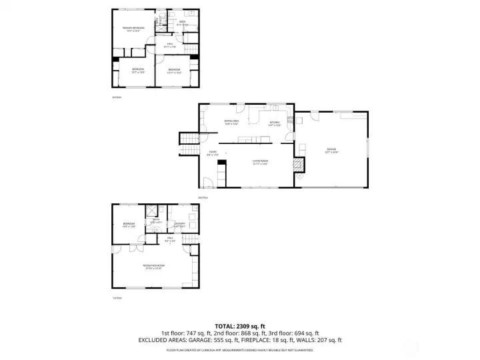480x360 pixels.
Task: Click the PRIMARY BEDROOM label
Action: click(134, 28)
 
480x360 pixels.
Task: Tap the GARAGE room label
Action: click(331, 149)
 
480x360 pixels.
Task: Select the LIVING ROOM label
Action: click(260, 161)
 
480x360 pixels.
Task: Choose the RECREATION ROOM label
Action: click(153, 265)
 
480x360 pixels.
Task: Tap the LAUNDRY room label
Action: click(179, 223)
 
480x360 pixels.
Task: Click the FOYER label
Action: click(213, 152)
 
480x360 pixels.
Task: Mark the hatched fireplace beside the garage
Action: click(299, 164)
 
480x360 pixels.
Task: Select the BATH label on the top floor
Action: click(182, 21)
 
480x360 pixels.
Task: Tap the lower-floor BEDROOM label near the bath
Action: click(129, 223)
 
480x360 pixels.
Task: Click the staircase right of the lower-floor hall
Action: click(192, 239)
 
